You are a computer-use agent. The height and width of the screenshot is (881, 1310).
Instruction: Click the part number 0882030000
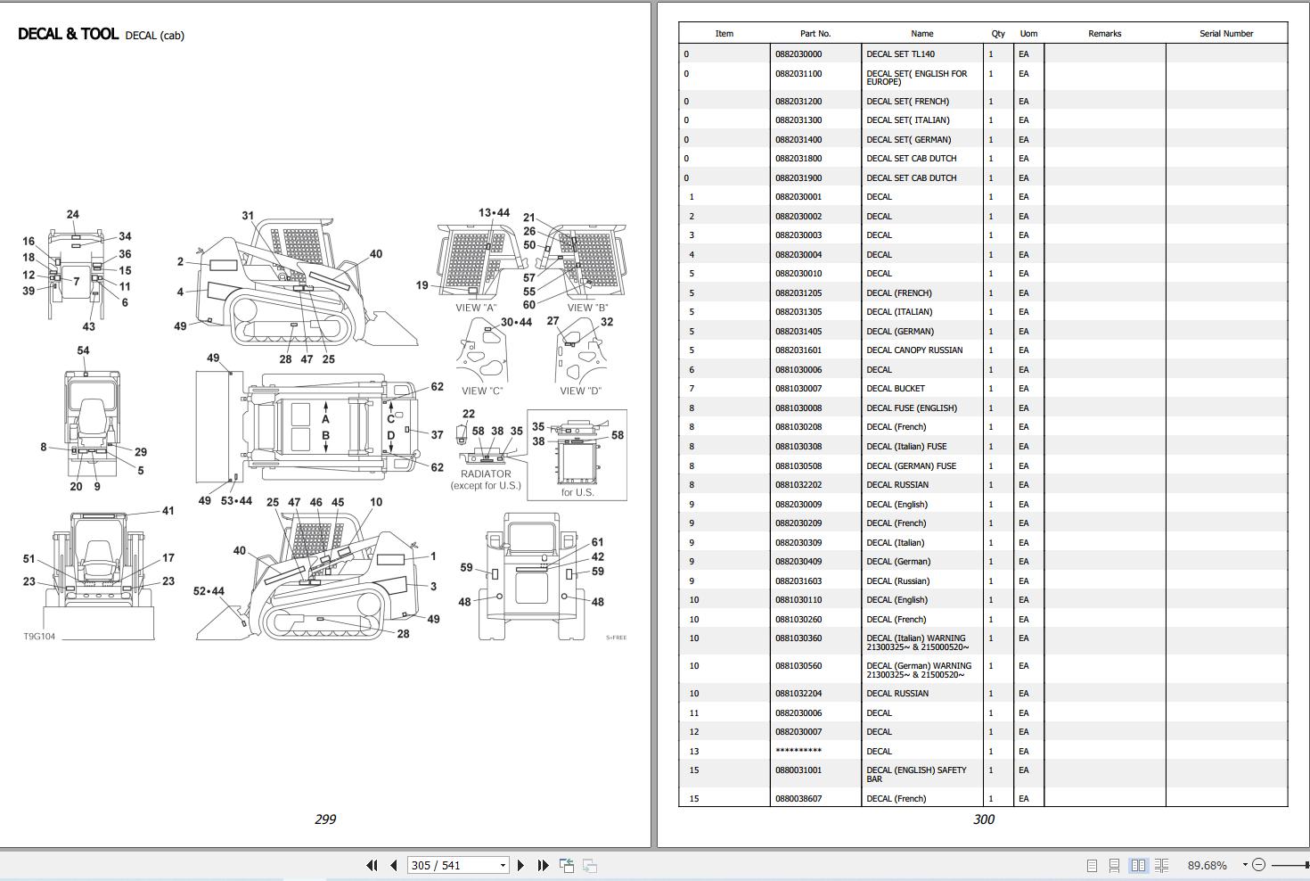(x=798, y=54)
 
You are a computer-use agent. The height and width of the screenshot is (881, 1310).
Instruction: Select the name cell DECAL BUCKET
(x=895, y=389)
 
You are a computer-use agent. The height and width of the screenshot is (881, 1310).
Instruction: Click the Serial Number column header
(x=1225, y=34)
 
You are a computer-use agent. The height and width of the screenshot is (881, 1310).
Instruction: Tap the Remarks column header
(x=1103, y=34)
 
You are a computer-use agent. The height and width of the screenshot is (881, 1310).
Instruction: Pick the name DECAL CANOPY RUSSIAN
(x=914, y=350)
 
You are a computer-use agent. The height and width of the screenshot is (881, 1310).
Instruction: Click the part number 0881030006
(x=798, y=370)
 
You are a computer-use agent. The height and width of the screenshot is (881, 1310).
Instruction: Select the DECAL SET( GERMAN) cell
(x=908, y=140)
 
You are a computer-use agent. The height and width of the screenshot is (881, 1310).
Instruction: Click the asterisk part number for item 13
(x=798, y=751)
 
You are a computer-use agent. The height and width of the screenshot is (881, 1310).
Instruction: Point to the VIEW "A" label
(x=476, y=308)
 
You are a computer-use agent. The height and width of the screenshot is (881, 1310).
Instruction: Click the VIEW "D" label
(x=580, y=391)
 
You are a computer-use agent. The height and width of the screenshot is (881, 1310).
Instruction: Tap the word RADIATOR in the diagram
(x=486, y=473)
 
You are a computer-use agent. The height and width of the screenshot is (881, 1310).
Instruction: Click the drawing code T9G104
(x=39, y=637)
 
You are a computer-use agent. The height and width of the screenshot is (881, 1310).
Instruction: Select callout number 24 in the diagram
(x=73, y=215)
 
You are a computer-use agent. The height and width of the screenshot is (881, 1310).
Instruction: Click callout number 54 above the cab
(x=83, y=350)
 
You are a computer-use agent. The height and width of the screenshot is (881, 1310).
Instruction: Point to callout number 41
(x=168, y=511)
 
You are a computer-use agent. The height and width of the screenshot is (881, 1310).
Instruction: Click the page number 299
(x=325, y=819)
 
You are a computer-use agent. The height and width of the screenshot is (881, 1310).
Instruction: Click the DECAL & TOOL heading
(x=68, y=34)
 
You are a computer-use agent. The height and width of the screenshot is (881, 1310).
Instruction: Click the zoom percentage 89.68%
(x=1207, y=865)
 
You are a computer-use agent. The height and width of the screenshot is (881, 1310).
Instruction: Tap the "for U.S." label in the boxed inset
(x=577, y=492)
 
